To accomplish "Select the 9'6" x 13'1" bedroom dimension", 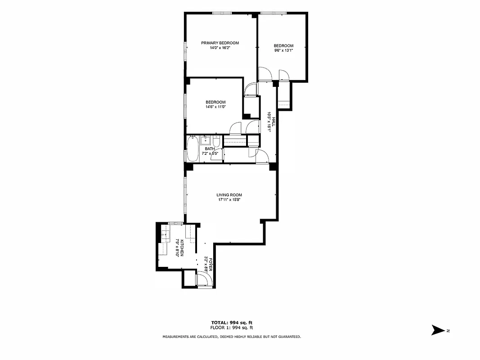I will point(283,50).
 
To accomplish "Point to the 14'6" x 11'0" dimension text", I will point(215,107).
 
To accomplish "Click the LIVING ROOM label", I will point(230,195).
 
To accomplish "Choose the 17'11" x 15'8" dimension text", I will point(230,200).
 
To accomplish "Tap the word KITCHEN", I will point(182,248).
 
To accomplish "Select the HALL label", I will point(273,121).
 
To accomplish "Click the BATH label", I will point(210,148).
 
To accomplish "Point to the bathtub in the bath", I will point(193,149).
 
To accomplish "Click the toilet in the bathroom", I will point(216,142).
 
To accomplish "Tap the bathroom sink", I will point(205,139).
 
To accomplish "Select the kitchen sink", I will point(166,234).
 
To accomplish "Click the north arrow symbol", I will point(437,330).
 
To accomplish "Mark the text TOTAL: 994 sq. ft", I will point(232,323).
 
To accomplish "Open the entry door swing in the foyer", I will point(204,279).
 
